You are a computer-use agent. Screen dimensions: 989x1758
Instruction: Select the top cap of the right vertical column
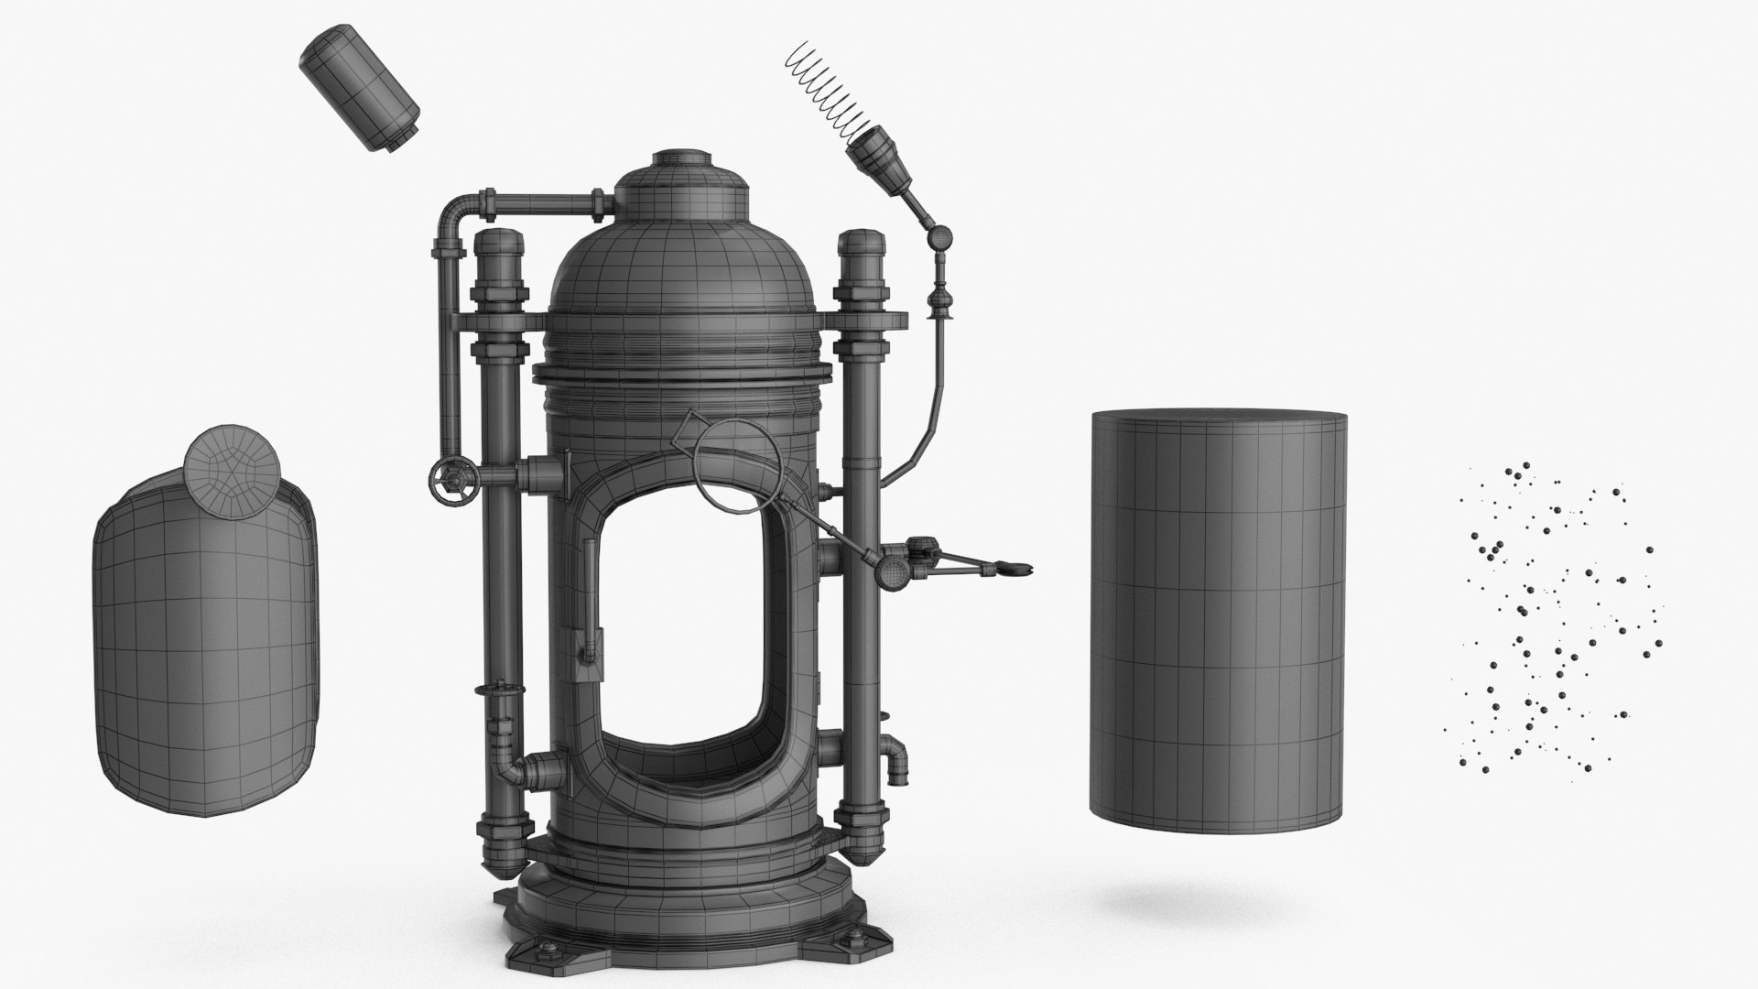pyautogui.click(x=862, y=246)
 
